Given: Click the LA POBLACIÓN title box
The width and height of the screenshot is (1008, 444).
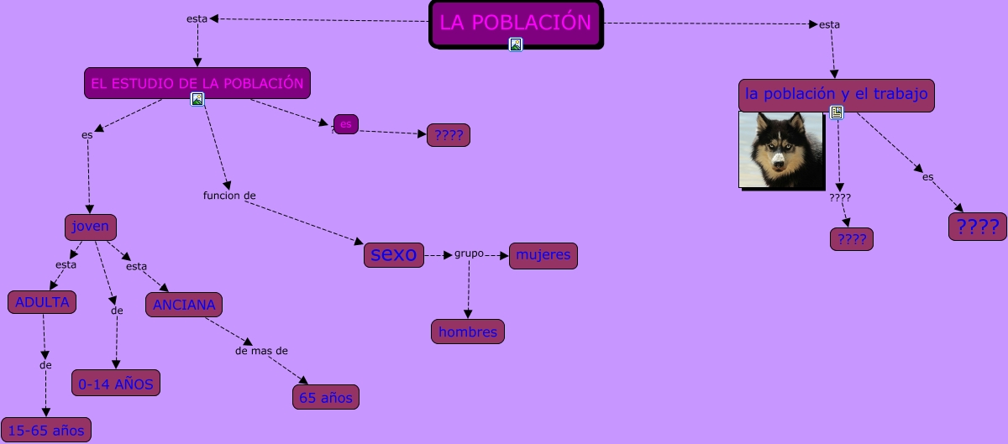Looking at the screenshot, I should tap(516, 23).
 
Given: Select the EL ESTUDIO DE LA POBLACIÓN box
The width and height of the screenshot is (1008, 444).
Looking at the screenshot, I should tap(197, 83).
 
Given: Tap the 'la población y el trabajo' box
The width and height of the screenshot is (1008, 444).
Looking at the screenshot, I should tap(836, 94).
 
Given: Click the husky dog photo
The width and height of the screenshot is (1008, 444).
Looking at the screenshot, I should tap(781, 149).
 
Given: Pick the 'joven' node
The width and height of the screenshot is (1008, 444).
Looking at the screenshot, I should tap(91, 227).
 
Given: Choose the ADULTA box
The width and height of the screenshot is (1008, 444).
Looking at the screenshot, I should tap(42, 302).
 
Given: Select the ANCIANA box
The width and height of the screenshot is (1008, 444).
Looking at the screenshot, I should tap(184, 305).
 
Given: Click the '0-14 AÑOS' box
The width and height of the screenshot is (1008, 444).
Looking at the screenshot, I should tap(116, 384).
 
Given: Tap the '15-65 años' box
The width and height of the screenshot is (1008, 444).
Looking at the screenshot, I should tap(46, 431).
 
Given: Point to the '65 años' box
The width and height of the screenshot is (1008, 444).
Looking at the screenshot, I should tap(326, 397).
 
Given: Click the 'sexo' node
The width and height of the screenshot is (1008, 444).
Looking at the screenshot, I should tap(394, 254).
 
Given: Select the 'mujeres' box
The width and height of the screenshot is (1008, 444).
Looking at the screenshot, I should tap(543, 255).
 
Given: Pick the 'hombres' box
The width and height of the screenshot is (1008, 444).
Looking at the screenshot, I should tap(468, 332).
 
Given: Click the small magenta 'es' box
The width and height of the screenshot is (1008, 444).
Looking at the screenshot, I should tap(346, 124).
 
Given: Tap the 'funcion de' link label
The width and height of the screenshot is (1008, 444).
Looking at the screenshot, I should tap(229, 196).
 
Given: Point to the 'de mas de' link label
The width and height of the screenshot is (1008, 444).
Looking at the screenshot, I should tap(262, 350).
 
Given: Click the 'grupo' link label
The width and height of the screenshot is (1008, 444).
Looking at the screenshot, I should tap(469, 253).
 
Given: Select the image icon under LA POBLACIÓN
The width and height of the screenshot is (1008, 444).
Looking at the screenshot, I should tap(516, 44).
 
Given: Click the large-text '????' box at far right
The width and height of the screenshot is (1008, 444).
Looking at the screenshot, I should tap(978, 227).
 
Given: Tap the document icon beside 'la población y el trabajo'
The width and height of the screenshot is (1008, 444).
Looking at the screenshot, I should tap(837, 112).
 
